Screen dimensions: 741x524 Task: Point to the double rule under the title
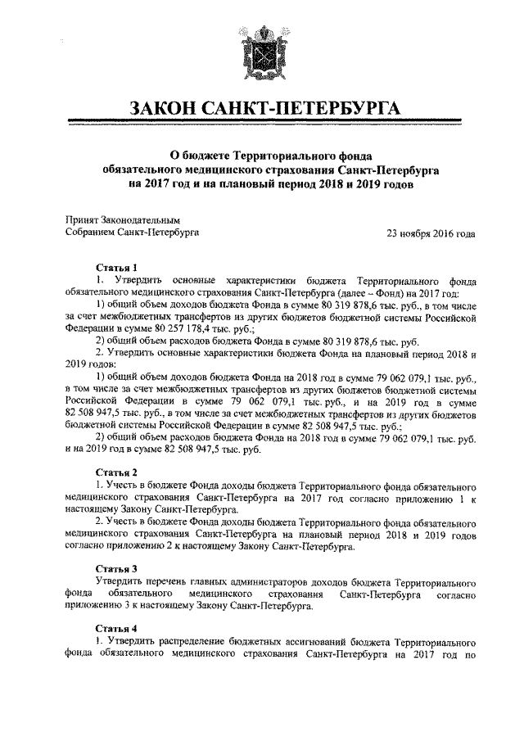262,124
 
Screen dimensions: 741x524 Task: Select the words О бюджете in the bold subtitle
199,155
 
